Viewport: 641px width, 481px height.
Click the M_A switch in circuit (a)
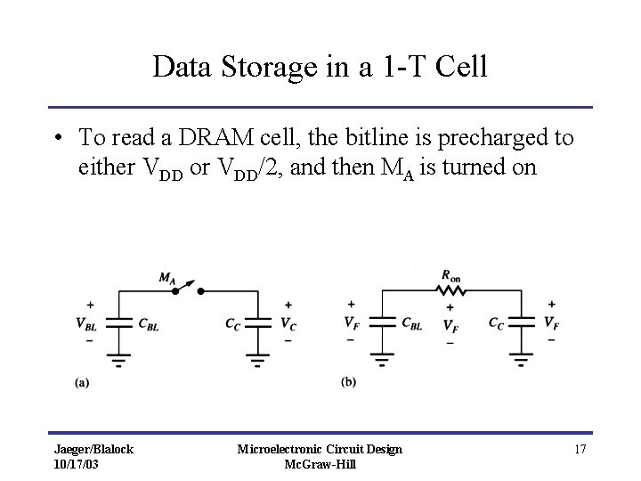pyautogui.click(x=187, y=287)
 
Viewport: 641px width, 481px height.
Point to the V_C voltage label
pyautogui.click(x=288, y=325)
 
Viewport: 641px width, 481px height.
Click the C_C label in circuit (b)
pyautogui.click(x=497, y=323)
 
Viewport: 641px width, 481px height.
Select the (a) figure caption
pyautogui.click(x=81, y=382)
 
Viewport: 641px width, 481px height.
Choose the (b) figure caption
pyautogui.click(x=349, y=382)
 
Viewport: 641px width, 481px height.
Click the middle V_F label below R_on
pyautogui.click(x=452, y=326)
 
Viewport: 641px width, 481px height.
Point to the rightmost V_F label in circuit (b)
pyautogui.click(x=553, y=324)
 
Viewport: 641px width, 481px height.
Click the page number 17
pyautogui.click(x=580, y=449)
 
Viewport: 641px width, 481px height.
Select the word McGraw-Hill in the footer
pyautogui.click(x=320, y=465)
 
